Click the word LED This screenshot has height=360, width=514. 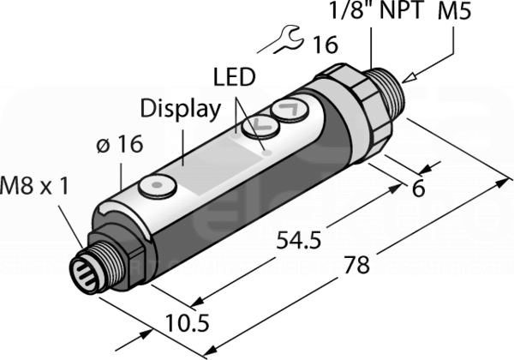coord(234,77)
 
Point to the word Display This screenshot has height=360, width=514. coord(180,109)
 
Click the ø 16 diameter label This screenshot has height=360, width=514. coord(120,144)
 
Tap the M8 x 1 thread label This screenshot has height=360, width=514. coord(34,185)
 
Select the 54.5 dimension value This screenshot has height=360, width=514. coord(298,240)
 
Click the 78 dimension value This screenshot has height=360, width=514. coord(356,265)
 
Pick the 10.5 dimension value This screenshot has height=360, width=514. coord(187,323)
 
